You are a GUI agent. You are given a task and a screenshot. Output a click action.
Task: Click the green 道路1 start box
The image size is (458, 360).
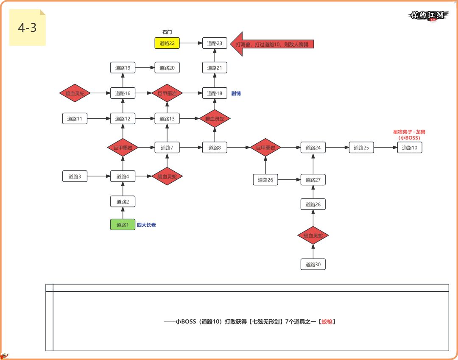pyautogui.click(x=123, y=225)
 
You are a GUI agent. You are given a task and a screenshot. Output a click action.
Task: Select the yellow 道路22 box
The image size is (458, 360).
pyautogui.click(x=167, y=43)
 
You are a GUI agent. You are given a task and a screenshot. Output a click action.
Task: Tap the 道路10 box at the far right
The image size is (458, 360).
pyautogui.click(x=410, y=148)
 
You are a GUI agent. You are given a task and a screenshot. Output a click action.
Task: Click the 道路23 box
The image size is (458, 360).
pyautogui.click(x=215, y=43)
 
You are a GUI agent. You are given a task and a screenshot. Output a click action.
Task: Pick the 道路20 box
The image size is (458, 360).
pyautogui.click(x=167, y=68)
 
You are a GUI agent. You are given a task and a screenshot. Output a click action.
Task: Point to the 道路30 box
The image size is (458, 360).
pyautogui.click(x=313, y=265)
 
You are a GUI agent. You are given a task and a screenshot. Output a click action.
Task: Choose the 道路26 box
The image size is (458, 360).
pyautogui.click(x=265, y=180)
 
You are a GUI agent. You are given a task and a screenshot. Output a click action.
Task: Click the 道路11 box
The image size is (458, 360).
pyautogui.click(x=75, y=119)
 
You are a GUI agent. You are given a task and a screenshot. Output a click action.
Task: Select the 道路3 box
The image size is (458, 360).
pyautogui.click(x=75, y=176)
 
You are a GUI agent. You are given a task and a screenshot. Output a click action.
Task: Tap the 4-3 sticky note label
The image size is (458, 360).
pyautogui.click(x=27, y=28)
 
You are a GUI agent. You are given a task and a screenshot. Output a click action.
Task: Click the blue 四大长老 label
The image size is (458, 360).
pyautogui.click(x=146, y=225)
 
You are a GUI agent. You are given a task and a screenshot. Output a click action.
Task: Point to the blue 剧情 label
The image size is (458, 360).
pyautogui.click(x=236, y=93)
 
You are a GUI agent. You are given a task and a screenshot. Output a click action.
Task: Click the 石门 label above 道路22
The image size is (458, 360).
pyautogui.click(x=167, y=32)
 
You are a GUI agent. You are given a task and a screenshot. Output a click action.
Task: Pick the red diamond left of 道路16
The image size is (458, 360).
pyautogui.click(x=75, y=93)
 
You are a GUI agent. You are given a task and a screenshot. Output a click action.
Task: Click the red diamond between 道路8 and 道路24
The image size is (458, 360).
pyautogui.click(x=265, y=148)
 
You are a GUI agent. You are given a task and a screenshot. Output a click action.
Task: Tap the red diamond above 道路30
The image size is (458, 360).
pyautogui.click(x=313, y=235)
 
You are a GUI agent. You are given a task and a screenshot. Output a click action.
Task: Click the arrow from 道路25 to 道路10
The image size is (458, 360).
pyautogui.click(x=385, y=148)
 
